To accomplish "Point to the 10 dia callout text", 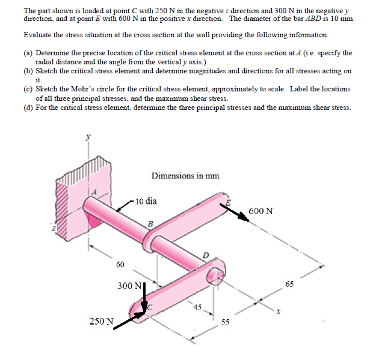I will pyautogui.click(x=146, y=201).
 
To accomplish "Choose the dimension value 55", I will pyautogui.click(x=225, y=322).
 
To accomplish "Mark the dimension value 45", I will pyautogui.click(x=197, y=308).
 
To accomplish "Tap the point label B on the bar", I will pyautogui.click(x=150, y=225).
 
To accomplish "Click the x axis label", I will pyautogui.click(x=278, y=312).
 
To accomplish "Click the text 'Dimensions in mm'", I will pyautogui.click(x=185, y=176).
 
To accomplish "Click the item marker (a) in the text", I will pyautogui.click(x=28, y=53).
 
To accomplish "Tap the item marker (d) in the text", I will pyautogui.click(x=28, y=108).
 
